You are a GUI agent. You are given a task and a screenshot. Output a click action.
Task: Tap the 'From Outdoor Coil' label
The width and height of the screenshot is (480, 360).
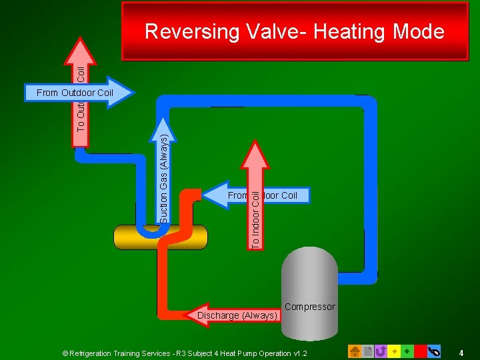click(75, 93)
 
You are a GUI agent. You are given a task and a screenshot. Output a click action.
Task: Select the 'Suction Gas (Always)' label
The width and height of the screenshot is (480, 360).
click(164, 178)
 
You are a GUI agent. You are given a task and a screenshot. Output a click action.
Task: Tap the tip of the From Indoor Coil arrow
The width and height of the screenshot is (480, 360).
click(203, 195)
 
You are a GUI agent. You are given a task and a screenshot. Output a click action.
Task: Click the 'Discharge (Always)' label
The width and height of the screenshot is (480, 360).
click(237, 315)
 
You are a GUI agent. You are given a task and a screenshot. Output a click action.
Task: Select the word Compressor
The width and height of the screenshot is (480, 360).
click(309, 307)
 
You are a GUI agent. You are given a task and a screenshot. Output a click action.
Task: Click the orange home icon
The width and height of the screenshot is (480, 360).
click(355, 351)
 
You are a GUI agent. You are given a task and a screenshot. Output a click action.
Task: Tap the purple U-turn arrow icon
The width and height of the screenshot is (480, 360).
click(381, 351)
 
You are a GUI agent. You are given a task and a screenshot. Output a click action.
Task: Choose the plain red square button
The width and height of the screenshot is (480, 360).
click(419, 351)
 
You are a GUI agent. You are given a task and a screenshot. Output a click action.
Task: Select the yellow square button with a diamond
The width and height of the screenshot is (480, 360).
click(393, 351)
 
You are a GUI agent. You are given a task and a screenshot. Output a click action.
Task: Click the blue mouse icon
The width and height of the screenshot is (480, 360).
click(433, 351)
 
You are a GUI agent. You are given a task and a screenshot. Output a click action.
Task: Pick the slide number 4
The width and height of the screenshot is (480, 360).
click(461, 351)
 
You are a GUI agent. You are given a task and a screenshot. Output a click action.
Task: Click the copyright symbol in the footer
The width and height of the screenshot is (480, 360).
click(65, 353)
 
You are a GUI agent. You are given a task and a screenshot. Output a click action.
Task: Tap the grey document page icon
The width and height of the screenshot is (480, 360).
click(368, 351)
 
